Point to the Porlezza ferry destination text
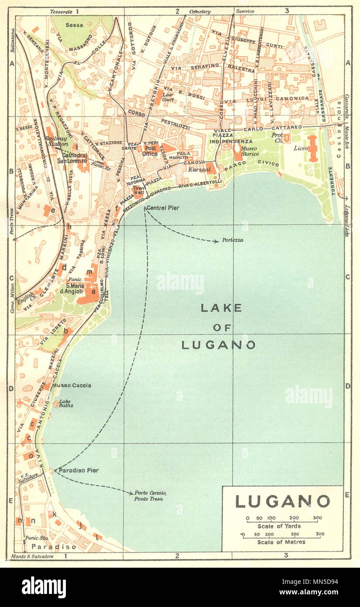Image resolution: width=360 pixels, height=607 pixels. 232,240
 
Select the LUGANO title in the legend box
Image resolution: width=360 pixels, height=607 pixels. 282,501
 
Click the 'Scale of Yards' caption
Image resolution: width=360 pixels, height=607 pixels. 282,526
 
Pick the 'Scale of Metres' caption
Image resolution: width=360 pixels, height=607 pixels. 282,542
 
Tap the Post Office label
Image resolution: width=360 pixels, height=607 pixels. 150,151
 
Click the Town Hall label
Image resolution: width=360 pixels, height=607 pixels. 139,190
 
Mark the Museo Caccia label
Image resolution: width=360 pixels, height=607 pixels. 72,385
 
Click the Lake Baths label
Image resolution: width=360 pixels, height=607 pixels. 66,403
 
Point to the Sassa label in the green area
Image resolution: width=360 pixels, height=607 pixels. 74,25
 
